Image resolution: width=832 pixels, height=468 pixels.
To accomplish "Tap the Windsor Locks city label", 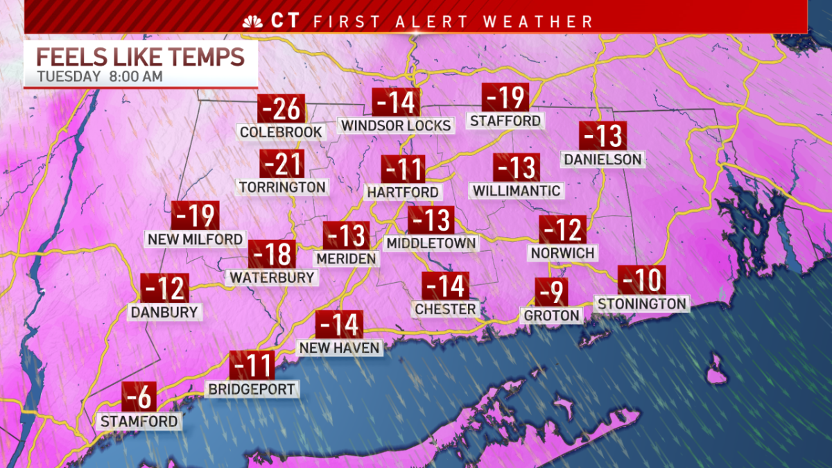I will pos(396,125).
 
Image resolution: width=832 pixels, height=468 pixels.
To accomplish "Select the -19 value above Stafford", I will pos(505,98).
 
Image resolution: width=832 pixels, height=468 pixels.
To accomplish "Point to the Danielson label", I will pos(603,159).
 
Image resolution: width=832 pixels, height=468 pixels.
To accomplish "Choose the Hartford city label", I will pos(403,192).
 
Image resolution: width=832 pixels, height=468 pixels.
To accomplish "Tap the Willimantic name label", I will pos(516,190).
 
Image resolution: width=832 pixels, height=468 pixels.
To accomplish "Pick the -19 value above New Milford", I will pos(195,216).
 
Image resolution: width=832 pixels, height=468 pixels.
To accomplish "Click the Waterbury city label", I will pos(272,277).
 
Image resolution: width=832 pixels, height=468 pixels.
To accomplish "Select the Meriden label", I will pos(346,259).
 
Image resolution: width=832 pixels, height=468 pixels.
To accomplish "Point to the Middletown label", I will pos(431,243).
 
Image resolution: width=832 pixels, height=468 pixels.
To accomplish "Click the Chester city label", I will pos(445,309).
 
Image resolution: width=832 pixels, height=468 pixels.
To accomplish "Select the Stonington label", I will pos(641,303).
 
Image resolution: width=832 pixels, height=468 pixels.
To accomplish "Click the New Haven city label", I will pos(340,347).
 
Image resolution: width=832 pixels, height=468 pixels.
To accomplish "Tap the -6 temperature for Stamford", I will pos(139,397).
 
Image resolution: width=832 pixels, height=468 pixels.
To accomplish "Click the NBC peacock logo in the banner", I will pos(252,21).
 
